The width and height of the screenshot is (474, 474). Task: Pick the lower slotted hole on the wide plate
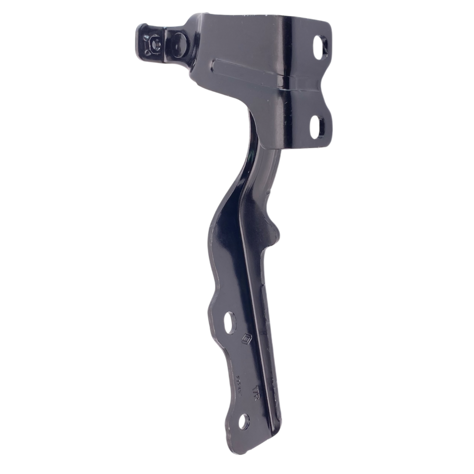click(316, 126)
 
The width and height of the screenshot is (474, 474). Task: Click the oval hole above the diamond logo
click(229, 323)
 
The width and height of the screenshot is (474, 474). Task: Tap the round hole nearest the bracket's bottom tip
click(244, 422)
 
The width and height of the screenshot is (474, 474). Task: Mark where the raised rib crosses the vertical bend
click(285, 81)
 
